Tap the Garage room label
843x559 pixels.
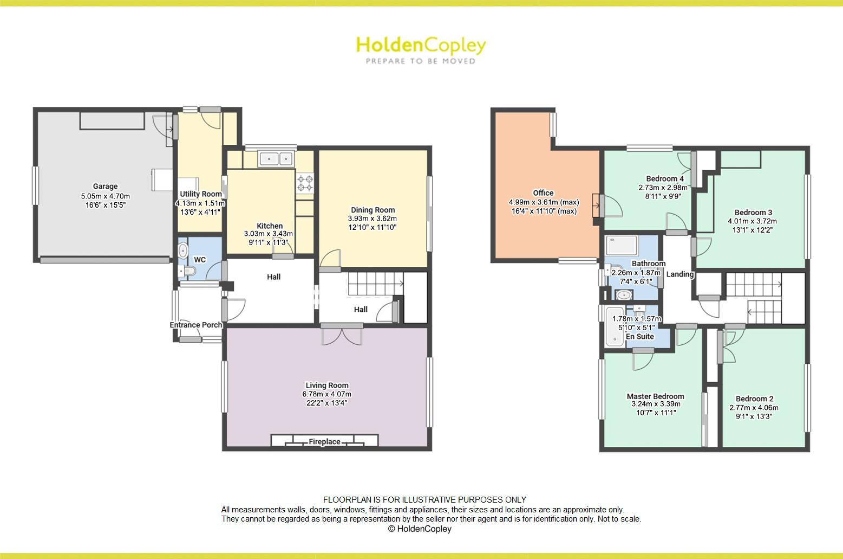(x=105, y=187)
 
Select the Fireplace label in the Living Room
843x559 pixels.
(x=324, y=442)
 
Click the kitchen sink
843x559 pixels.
(x=276, y=158)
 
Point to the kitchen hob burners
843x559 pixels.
(x=305, y=182)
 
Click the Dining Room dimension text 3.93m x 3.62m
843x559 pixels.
(x=373, y=219)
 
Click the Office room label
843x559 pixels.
(x=543, y=193)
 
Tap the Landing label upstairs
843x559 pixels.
(x=679, y=274)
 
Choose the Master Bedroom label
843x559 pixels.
(x=655, y=396)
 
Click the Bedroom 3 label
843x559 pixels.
(x=753, y=213)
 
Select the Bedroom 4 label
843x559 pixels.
(x=665, y=179)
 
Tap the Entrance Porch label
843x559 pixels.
(x=196, y=325)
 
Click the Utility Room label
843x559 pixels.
(x=201, y=194)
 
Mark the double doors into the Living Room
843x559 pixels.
(x=342, y=335)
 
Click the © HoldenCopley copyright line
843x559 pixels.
(x=420, y=529)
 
